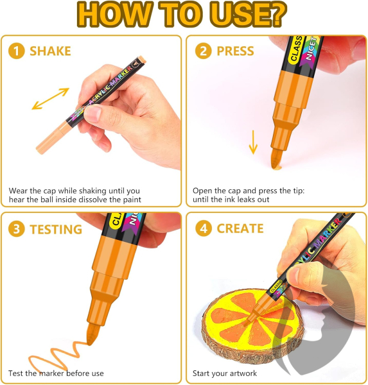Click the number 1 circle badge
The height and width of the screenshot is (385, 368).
(x=17, y=51)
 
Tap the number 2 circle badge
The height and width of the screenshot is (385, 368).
(x=204, y=51)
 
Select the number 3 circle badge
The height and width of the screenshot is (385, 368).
(x=17, y=229)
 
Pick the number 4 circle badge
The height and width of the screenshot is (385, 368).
(x=204, y=228)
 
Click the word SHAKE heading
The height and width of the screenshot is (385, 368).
(x=50, y=51)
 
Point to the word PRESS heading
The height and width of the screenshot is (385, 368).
(x=235, y=51)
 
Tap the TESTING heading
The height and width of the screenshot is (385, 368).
(x=56, y=229)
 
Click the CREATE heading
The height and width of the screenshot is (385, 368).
(x=240, y=228)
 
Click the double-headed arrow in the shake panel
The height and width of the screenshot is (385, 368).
(x=50, y=99)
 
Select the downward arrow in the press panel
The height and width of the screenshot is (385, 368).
(x=253, y=142)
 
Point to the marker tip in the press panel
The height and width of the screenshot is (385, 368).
(x=276, y=159)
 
